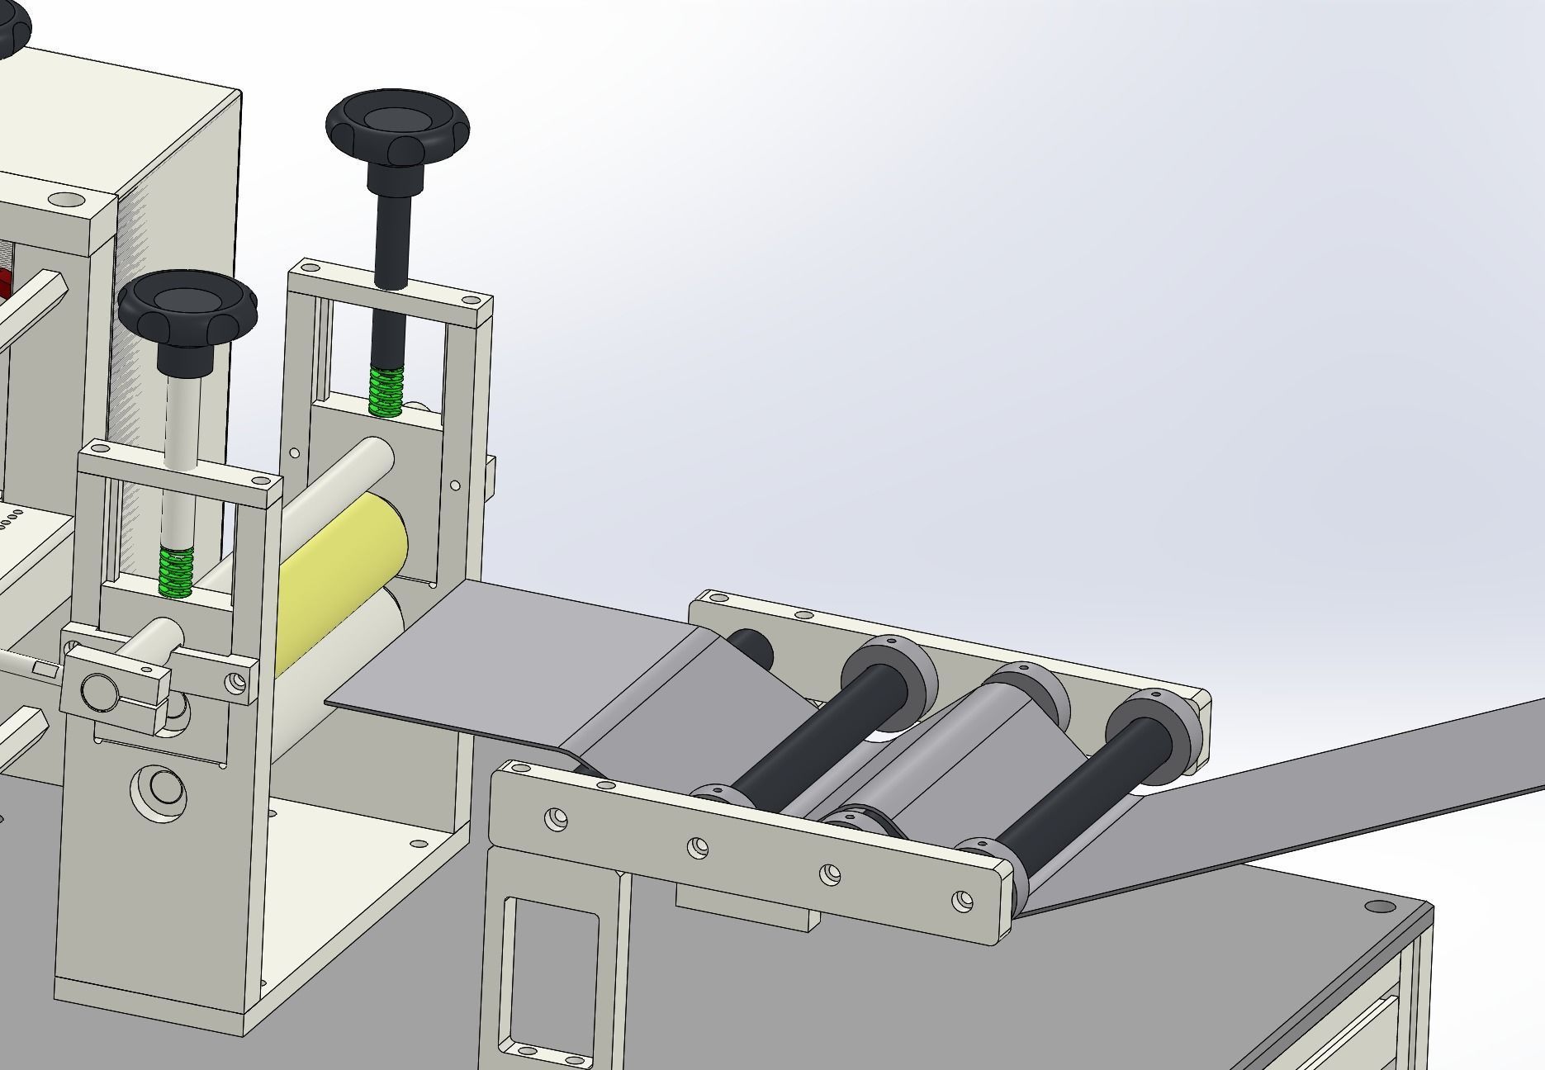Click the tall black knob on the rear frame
[x=398, y=128]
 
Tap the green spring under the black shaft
[x=385, y=392]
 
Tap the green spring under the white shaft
[x=175, y=571]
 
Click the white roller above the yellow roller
[x=347, y=479]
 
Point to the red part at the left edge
[x=4, y=281]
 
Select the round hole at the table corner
[x=1376, y=907]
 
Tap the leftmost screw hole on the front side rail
[x=556, y=818]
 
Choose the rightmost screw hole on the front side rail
[x=960, y=901]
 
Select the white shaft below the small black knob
[x=180, y=421]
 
